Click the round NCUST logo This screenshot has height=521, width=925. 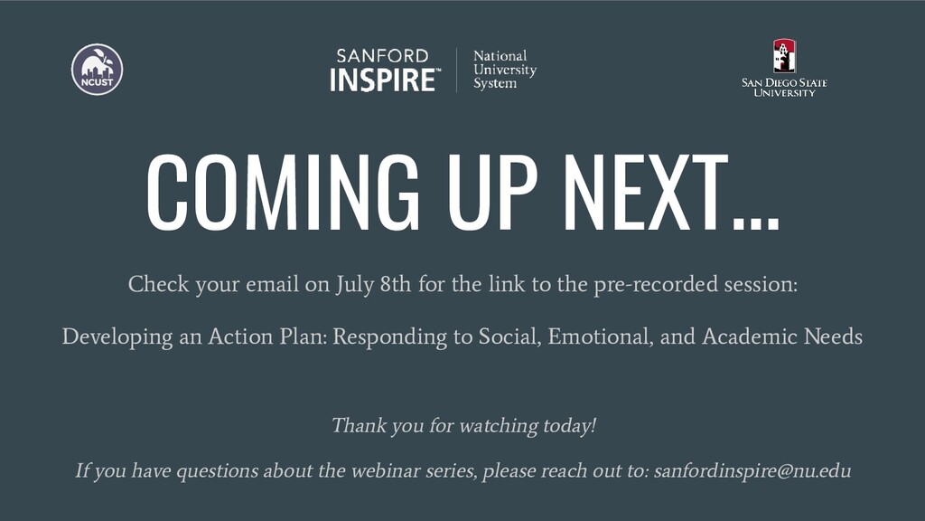pos(98,69)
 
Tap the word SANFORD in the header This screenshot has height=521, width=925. pos(382,56)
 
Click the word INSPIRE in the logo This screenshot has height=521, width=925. pos(383,81)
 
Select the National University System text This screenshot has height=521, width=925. pos(505,70)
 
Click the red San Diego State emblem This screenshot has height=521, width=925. pos(785,56)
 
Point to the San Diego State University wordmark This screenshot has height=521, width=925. pos(785,88)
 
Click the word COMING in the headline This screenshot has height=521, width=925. pos(283,193)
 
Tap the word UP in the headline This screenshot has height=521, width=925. pos(493,193)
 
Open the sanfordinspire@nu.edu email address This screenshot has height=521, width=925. pos(752,471)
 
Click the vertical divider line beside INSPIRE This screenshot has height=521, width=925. pos(456,71)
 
